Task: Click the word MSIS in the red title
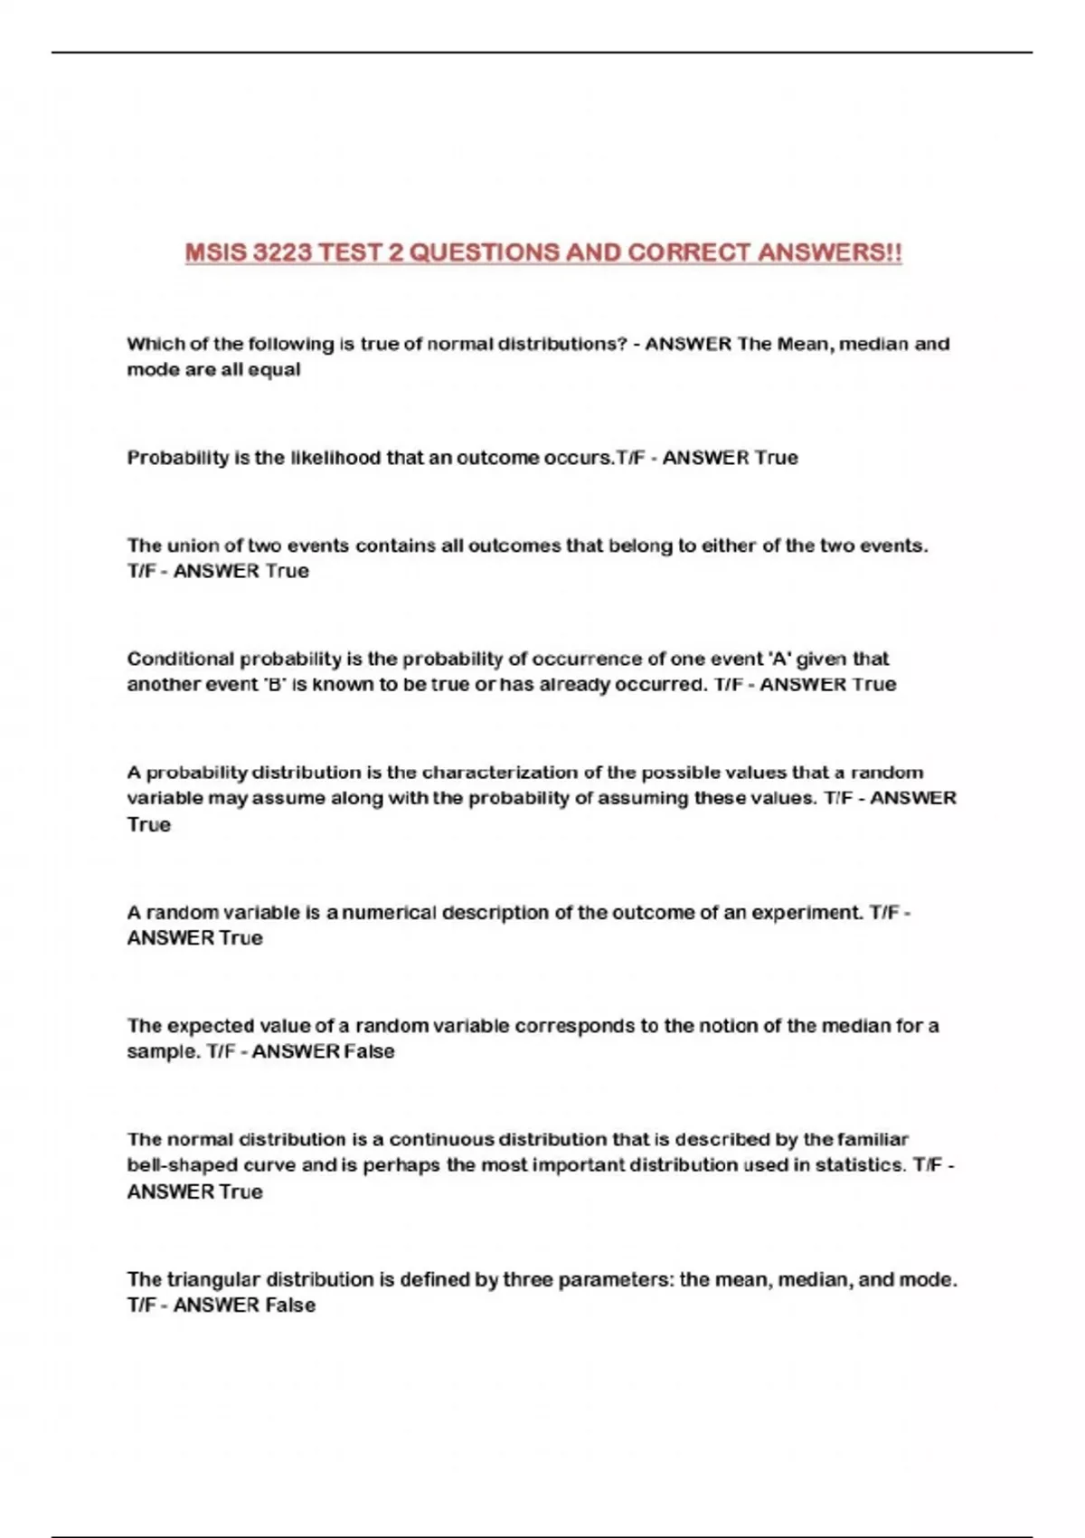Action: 215,252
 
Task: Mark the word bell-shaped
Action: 184,1165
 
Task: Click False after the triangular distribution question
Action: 290,1305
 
